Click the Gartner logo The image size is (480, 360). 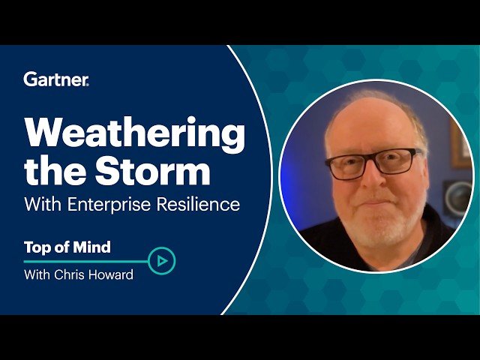coord(56,79)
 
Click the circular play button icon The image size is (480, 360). coord(161,261)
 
